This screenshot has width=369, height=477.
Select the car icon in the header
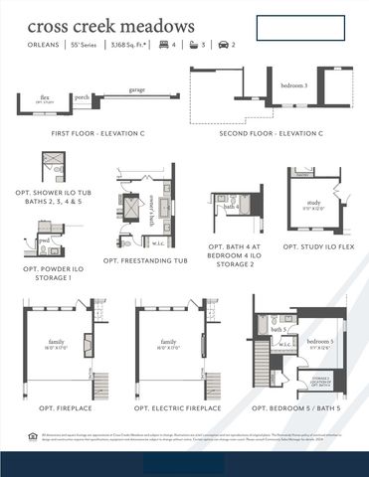tap(223, 45)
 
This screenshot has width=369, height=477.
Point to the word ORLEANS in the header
tap(43, 45)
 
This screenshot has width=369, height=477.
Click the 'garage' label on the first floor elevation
tap(136, 90)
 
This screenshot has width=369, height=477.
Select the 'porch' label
tap(82, 97)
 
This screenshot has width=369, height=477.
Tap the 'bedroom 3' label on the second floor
tap(293, 86)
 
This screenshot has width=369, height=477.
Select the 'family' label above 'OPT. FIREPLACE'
tap(53, 341)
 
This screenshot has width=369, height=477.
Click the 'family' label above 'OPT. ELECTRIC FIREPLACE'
tap(168, 341)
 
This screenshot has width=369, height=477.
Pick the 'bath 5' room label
tap(278, 329)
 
